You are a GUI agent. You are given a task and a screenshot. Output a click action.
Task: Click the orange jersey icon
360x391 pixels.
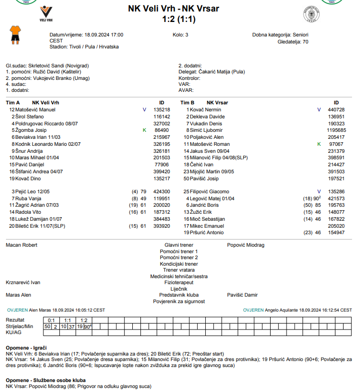(x=15, y=36)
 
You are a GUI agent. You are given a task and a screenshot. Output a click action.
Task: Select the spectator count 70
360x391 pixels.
(x=305, y=42)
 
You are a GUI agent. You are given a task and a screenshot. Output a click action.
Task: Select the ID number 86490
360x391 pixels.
(x=161, y=130)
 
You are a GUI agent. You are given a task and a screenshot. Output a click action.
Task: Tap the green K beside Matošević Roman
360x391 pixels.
(x=319, y=144)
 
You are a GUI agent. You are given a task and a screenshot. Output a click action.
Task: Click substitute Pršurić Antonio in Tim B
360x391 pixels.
(x=207, y=233)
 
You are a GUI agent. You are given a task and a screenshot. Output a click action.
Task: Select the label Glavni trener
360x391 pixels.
(x=179, y=245)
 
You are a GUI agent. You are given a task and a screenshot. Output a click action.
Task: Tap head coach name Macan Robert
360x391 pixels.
(x=21, y=245)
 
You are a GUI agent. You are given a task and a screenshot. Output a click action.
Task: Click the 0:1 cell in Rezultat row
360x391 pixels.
(x=51, y=320)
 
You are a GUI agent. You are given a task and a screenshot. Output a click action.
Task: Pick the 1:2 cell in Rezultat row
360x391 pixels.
(x=83, y=320)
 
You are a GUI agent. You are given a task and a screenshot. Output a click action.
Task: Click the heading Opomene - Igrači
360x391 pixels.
(x=26, y=347)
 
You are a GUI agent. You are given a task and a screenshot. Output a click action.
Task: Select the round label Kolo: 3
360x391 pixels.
(x=181, y=35)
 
